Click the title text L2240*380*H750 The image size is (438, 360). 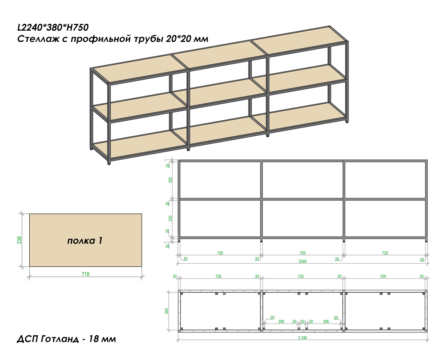(53, 27)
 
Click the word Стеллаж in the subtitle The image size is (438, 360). (38, 39)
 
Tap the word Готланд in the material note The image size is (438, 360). (60, 339)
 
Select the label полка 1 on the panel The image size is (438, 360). (85, 240)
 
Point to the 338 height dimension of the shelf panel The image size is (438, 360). (19, 240)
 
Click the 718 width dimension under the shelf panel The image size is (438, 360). (86, 274)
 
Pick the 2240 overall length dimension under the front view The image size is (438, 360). (303, 262)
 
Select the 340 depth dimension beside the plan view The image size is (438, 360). (167, 311)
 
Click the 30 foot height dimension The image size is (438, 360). (167, 246)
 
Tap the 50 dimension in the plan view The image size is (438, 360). (303, 322)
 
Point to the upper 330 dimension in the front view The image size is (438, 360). (170, 180)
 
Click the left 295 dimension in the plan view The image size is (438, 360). (281, 322)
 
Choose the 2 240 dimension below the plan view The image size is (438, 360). (303, 338)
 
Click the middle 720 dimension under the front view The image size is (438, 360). (303, 253)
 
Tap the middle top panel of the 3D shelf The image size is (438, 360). (220, 54)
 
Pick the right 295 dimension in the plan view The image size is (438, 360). (326, 322)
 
